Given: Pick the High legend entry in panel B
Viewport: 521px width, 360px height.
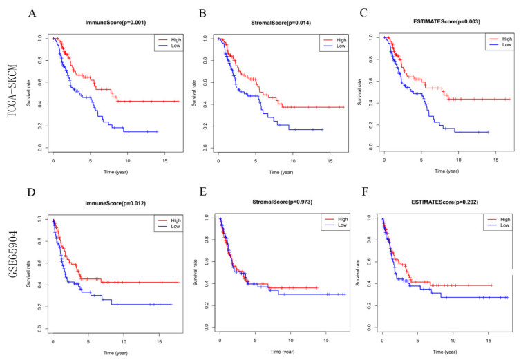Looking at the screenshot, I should pyautogui.click(x=328, y=41).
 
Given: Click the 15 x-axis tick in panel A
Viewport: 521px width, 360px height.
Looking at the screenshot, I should pyautogui.click(x=160, y=160).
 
